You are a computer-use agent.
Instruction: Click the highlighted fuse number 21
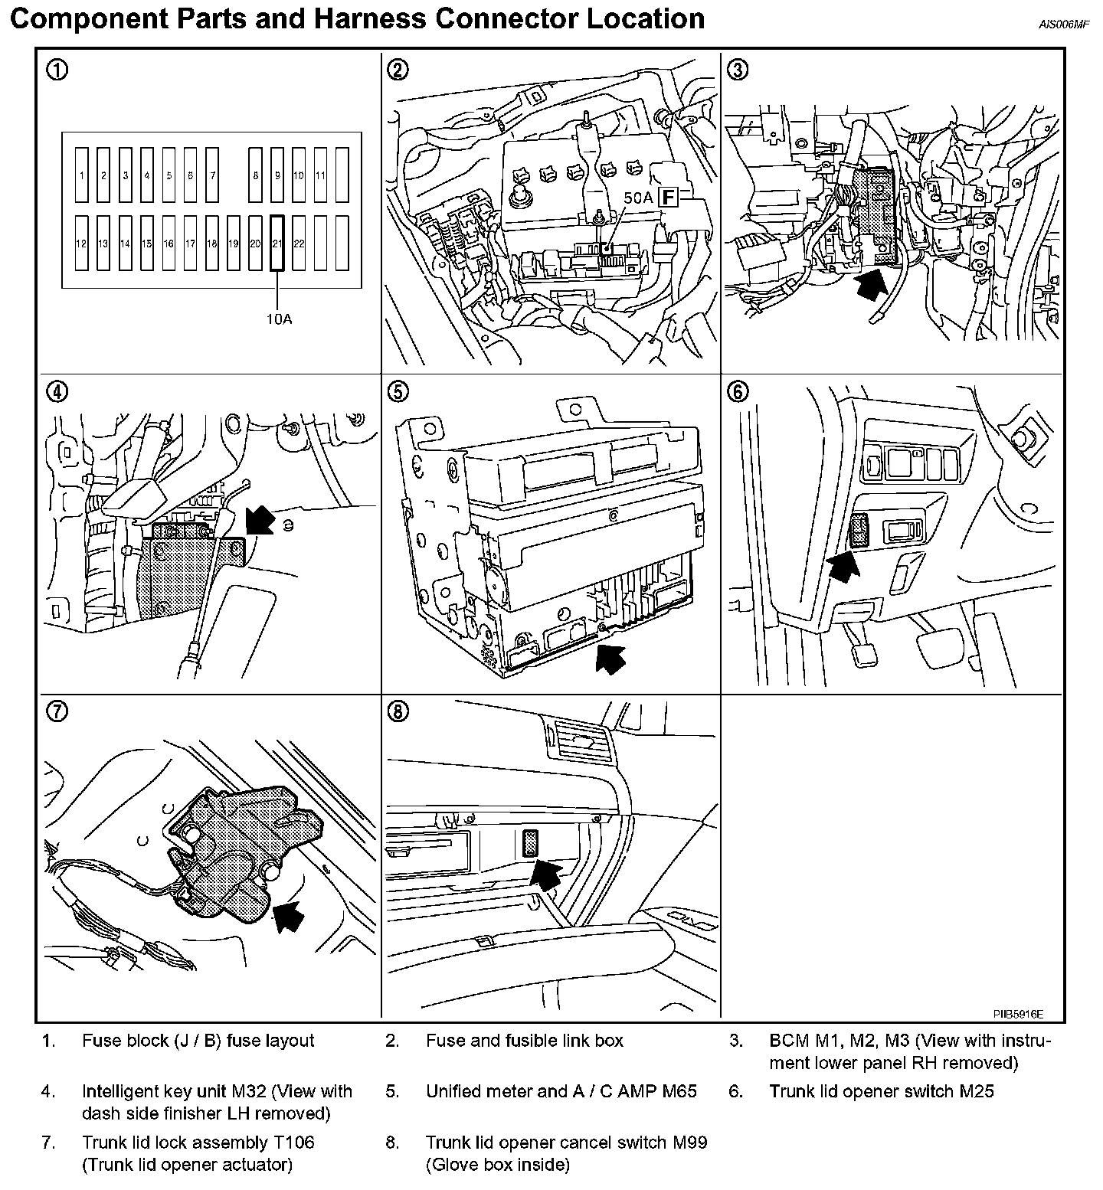tap(277, 243)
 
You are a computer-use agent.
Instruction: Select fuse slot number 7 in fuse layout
tap(212, 175)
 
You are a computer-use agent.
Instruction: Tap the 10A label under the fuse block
tap(279, 318)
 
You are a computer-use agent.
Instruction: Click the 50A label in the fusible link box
tap(637, 198)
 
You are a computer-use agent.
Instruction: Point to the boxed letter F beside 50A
tap(669, 198)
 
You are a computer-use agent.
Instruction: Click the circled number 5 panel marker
tap(398, 391)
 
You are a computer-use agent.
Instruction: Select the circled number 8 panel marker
tap(398, 712)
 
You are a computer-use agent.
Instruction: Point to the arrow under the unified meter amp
tap(610, 658)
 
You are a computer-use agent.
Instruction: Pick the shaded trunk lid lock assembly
tap(237, 850)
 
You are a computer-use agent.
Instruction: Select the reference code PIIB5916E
tap(1018, 1013)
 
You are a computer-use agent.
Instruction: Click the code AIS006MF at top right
tap(1063, 24)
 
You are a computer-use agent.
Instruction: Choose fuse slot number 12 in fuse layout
tap(81, 244)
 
